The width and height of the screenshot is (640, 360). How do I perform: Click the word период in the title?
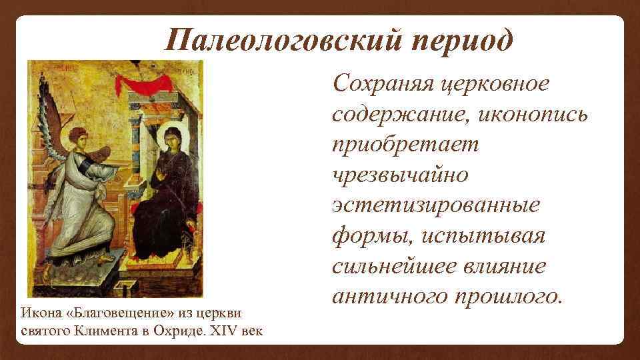coord(458,41)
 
